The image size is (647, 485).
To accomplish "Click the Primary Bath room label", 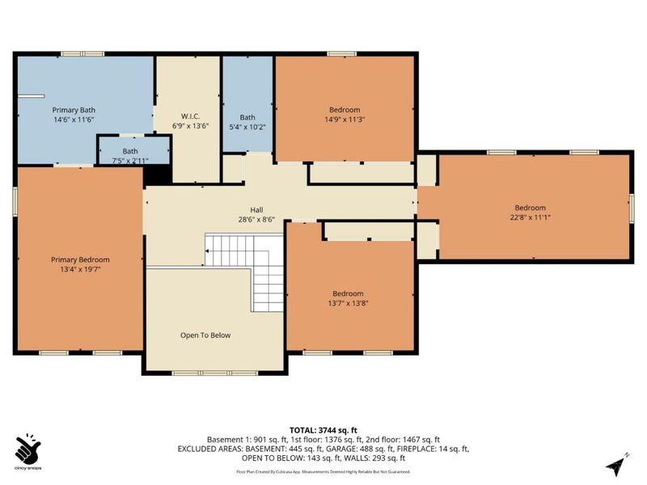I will (x=74, y=109).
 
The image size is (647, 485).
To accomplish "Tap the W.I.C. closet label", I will (x=191, y=116).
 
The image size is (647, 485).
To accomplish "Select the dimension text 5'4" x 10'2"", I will (x=247, y=126).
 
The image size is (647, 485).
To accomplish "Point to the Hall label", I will (x=256, y=209).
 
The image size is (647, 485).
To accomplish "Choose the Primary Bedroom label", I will (x=80, y=259).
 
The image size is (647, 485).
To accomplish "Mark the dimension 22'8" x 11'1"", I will (x=531, y=217).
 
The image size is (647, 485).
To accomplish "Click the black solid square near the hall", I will (x=160, y=172).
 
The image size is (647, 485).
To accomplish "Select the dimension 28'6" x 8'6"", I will (x=256, y=219).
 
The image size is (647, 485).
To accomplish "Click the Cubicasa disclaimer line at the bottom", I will (x=323, y=470).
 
